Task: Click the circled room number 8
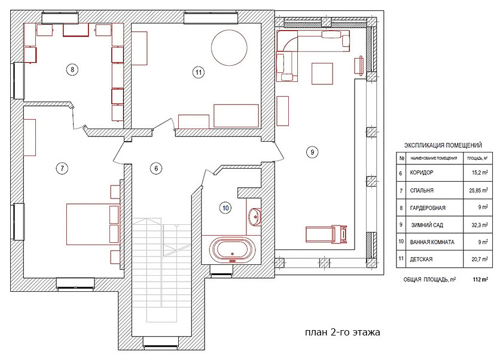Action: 72,69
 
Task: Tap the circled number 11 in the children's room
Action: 199,72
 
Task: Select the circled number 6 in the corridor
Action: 156,168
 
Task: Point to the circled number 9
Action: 312,152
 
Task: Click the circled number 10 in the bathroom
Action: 225,208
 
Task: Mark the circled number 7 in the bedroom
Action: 62,168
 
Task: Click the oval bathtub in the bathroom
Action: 233,249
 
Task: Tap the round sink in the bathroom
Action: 255,216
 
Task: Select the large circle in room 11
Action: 229,48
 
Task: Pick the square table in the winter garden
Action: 322,74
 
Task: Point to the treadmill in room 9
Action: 326,234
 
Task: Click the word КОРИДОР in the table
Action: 422,173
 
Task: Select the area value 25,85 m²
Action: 478,190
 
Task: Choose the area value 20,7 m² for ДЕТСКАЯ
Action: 480,259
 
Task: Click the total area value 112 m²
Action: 480,279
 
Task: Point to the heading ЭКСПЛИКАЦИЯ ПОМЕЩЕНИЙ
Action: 443,145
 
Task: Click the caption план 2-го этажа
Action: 342,332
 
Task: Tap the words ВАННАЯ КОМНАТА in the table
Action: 432,242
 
